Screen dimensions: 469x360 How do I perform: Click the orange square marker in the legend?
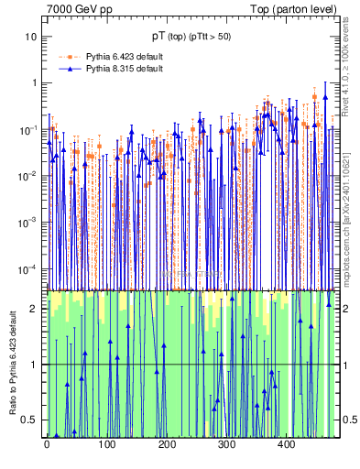click(x=71, y=57)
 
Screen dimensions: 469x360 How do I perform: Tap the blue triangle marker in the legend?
click(x=71, y=69)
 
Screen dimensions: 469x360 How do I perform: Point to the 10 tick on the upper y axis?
click(x=31, y=37)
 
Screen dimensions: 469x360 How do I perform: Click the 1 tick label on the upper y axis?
click(x=34, y=82)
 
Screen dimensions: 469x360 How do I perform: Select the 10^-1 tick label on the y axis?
click(x=29, y=129)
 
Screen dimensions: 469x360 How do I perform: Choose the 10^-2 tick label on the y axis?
click(x=29, y=175)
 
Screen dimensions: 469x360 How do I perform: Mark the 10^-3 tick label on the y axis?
click(x=29, y=222)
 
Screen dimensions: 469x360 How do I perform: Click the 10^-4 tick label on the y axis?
click(x=29, y=268)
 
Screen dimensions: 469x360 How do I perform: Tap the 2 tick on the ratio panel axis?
click(x=34, y=309)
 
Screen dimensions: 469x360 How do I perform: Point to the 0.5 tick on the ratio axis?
click(x=30, y=420)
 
